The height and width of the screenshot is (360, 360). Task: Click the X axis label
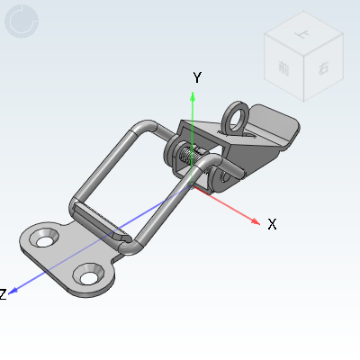click(272, 224)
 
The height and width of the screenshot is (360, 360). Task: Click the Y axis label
click(196, 78)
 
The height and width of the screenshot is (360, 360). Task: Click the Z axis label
click(4, 294)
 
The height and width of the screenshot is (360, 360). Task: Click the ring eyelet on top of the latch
click(238, 116)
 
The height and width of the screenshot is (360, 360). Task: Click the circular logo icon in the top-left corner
click(22, 22)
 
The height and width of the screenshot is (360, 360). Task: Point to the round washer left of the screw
click(172, 155)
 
